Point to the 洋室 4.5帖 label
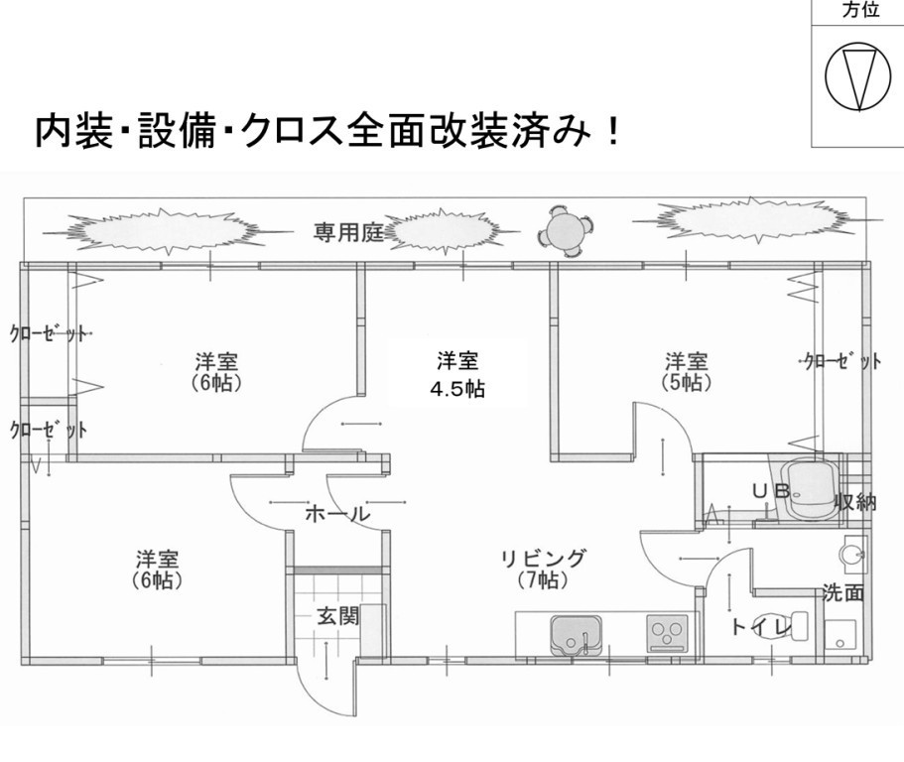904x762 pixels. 456,374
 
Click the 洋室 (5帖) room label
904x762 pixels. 686,370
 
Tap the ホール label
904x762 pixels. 336,514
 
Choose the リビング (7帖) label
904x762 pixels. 542,569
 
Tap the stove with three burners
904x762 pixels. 668,632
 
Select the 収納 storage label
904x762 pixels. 854,502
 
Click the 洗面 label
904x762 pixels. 843,594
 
